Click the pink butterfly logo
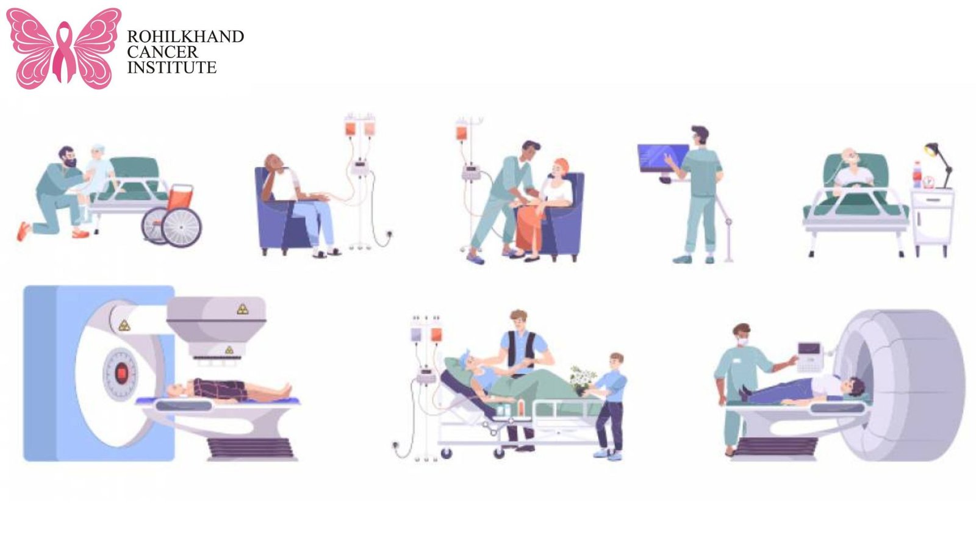pos(63,48)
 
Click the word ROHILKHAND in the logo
pos(185,37)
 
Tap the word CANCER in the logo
pos(162,52)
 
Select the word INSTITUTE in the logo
pos(171,68)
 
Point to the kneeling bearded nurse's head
pos(67,157)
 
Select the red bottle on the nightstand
pos(916,174)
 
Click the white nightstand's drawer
pos(931,199)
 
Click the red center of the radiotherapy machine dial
pos(121,371)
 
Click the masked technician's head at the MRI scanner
pos(742,334)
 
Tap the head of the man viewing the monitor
pos(700,135)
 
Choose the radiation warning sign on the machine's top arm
pos(243,309)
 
